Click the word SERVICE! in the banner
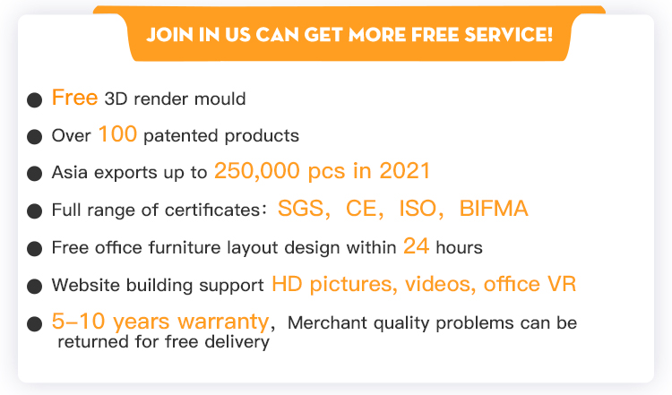pos(508,35)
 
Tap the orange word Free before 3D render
pos(74,98)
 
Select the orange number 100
pos(117,134)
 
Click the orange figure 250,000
pos(257,171)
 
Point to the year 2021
pos(405,171)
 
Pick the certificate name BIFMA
pos(494,209)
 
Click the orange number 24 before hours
pos(416,246)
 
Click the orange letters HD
pos(287,284)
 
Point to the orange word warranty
pos(223,322)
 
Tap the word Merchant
pos(327,323)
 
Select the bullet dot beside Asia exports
pos(34,174)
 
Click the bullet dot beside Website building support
pos(34,287)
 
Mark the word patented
pos(180,136)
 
